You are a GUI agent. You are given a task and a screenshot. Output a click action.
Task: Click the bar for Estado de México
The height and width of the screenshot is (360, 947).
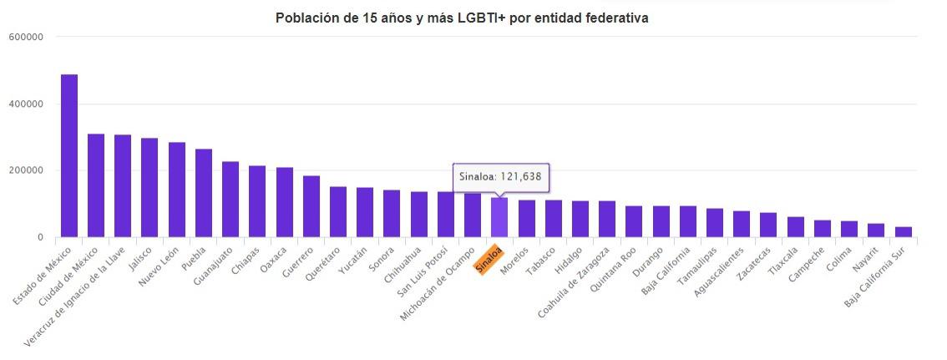tap(69, 155)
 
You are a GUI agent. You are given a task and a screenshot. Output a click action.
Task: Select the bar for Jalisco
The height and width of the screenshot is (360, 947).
tap(149, 187)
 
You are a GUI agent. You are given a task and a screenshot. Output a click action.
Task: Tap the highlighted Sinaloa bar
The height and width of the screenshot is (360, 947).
tap(499, 217)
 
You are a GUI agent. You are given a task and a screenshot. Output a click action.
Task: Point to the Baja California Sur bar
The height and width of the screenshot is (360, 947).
tap(904, 231)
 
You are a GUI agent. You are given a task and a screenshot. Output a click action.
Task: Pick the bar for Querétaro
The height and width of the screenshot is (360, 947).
tap(338, 211)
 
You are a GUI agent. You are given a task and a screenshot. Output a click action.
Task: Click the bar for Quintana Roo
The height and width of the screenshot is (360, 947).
tap(634, 221)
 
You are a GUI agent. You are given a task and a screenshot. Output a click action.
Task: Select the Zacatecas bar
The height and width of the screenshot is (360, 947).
tap(768, 225)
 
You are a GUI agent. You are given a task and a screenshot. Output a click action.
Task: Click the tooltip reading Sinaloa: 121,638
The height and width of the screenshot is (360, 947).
tap(501, 177)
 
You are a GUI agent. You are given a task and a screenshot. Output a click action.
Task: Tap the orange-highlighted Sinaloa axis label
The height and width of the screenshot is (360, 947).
tap(489, 258)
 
